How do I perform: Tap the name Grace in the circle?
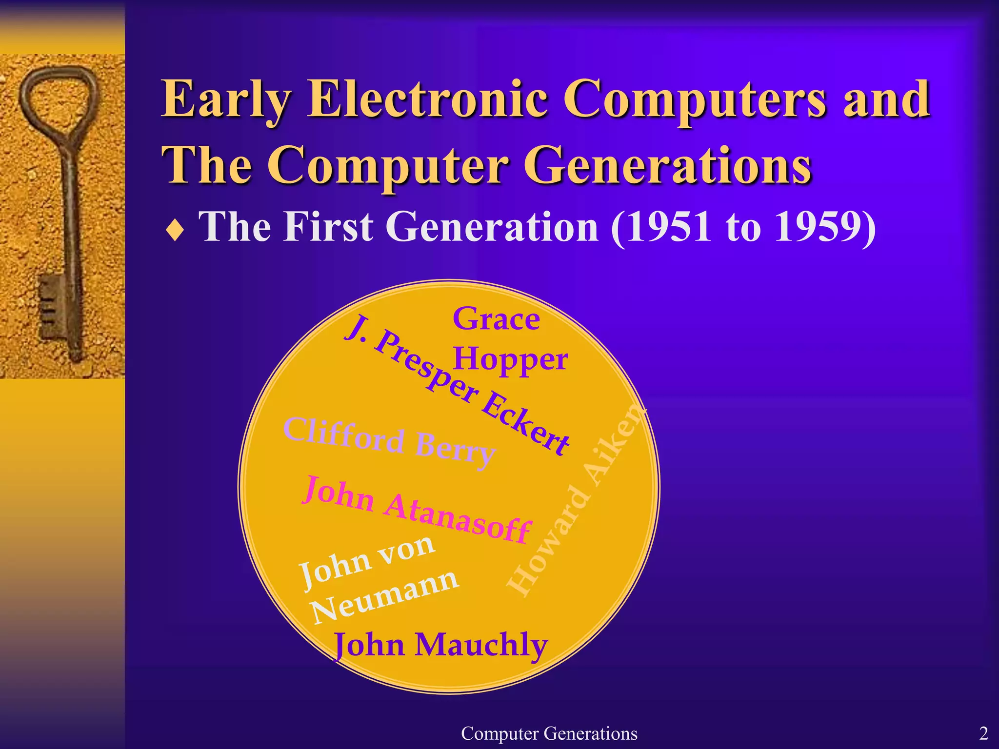point(496,319)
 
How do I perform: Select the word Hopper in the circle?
point(510,360)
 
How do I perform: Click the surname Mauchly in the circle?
point(481,645)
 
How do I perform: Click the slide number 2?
point(983,733)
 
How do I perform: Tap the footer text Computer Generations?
point(549,733)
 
